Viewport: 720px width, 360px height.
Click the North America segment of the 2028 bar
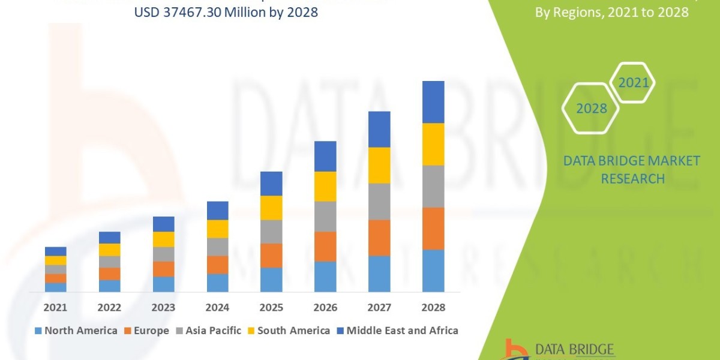[433, 271]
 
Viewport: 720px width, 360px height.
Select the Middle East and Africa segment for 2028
[433, 102]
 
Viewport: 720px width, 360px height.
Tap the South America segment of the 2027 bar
[379, 165]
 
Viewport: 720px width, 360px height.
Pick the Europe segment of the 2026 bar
[325, 246]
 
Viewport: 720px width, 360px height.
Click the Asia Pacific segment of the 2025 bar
[271, 232]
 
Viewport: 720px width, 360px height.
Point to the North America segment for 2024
[217, 283]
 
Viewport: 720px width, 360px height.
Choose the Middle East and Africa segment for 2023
[163, 224]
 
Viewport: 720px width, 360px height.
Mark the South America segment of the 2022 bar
[109, 250]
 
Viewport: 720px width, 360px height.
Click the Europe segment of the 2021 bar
[55, 278]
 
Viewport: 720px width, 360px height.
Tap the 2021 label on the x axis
[55, 307]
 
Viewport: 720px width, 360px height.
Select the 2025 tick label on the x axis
[271, 307]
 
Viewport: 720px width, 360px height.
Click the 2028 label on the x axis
[433, 307]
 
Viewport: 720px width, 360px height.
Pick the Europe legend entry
[146, 331]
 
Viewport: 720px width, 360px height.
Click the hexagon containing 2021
[633, 82]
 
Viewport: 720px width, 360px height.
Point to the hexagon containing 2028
[592, 109]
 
